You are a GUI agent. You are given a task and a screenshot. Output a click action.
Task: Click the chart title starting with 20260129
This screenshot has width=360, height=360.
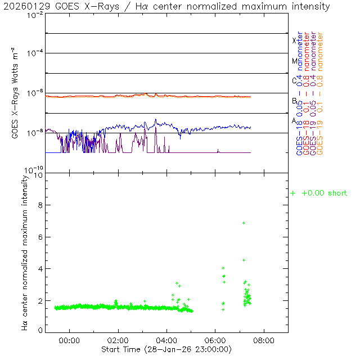[169, 6]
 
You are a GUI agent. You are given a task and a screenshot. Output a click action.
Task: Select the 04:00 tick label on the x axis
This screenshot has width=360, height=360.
[166, 340]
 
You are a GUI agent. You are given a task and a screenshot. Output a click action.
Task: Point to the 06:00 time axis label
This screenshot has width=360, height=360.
[215, 340]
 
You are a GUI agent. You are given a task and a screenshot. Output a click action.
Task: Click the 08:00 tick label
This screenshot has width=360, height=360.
[264, 340]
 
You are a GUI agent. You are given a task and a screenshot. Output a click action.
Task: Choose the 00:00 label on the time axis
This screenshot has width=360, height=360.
[69, 340]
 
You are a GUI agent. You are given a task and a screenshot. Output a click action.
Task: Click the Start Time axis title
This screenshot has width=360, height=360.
[166, 349]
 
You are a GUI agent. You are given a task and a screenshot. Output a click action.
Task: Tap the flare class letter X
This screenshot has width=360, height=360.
[294, 40]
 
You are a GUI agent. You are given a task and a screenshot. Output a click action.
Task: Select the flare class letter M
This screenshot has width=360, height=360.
[294, 61]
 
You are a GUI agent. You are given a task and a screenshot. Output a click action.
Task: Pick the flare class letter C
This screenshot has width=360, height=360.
[294, 80]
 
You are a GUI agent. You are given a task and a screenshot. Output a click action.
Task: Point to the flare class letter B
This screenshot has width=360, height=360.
[294, 101]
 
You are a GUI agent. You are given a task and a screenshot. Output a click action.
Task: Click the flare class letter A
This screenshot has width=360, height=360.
[294, 120]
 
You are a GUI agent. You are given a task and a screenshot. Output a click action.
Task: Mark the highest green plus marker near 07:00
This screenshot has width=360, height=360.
[244, 223]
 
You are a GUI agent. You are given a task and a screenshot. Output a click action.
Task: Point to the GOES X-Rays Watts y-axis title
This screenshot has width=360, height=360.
[17, 93]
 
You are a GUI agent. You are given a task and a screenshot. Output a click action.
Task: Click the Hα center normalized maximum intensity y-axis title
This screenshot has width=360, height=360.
[24, 252]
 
